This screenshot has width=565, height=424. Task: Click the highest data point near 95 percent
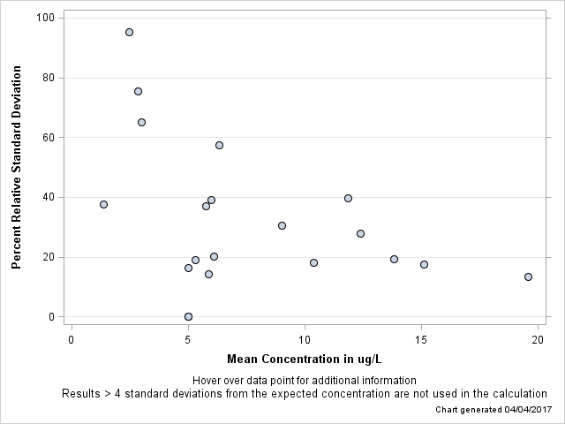(129, 32)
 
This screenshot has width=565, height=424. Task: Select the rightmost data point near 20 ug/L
(528, 276)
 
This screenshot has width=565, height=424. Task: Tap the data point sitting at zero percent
(188, 316)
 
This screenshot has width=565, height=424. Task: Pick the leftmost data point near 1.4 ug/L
(103, 204)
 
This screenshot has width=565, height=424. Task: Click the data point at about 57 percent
(219, 145)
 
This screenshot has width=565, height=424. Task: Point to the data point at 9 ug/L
(282, 225)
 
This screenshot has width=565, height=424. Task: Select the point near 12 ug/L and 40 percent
(348, 198)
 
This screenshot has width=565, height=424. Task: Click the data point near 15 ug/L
(424, 264)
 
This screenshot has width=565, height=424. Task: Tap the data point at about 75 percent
(138, 91)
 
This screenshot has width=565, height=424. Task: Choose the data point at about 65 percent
(141, 122)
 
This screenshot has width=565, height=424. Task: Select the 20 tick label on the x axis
(538, 339)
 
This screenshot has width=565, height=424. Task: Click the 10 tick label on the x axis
(305, 339)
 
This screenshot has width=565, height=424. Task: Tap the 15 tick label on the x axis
(421, 339)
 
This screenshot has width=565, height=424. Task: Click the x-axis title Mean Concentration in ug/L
(304, 360)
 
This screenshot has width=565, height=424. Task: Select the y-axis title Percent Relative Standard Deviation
(17, 167)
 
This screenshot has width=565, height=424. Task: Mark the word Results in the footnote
(82, 394)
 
